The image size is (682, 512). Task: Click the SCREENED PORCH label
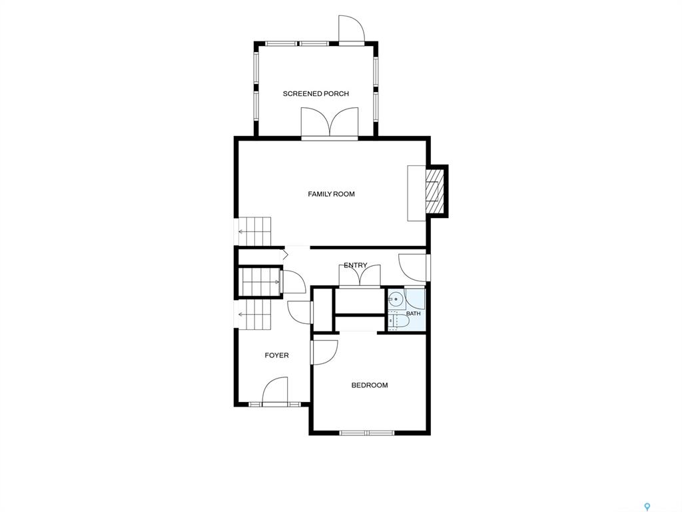[x=316, y=93]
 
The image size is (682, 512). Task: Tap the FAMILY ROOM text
[x=332, y=194]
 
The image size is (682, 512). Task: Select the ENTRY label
[x=356, y=265]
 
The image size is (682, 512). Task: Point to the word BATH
[x=413, y=313]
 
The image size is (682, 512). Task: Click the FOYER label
[x=276, y=356]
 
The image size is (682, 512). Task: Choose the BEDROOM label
[x=370, y=385]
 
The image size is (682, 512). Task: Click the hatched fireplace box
[x=433, y=190]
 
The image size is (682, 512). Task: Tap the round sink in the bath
[x=396, y=299]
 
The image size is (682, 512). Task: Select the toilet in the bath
[x=399, y=321]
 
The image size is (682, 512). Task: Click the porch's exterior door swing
[x=352, y=29]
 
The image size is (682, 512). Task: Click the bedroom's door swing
[x=324, y=352]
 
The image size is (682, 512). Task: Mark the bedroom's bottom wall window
[x=367, y=433]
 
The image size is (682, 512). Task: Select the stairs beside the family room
[x=254, y=231]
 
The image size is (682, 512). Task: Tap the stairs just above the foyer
[x=254, y=315]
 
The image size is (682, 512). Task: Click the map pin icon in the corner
[x=647, y=506]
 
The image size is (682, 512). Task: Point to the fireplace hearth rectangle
[x=416, y=193]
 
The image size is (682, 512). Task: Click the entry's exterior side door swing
[x=413, y=267]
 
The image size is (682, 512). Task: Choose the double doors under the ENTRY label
[x=360, y=275]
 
